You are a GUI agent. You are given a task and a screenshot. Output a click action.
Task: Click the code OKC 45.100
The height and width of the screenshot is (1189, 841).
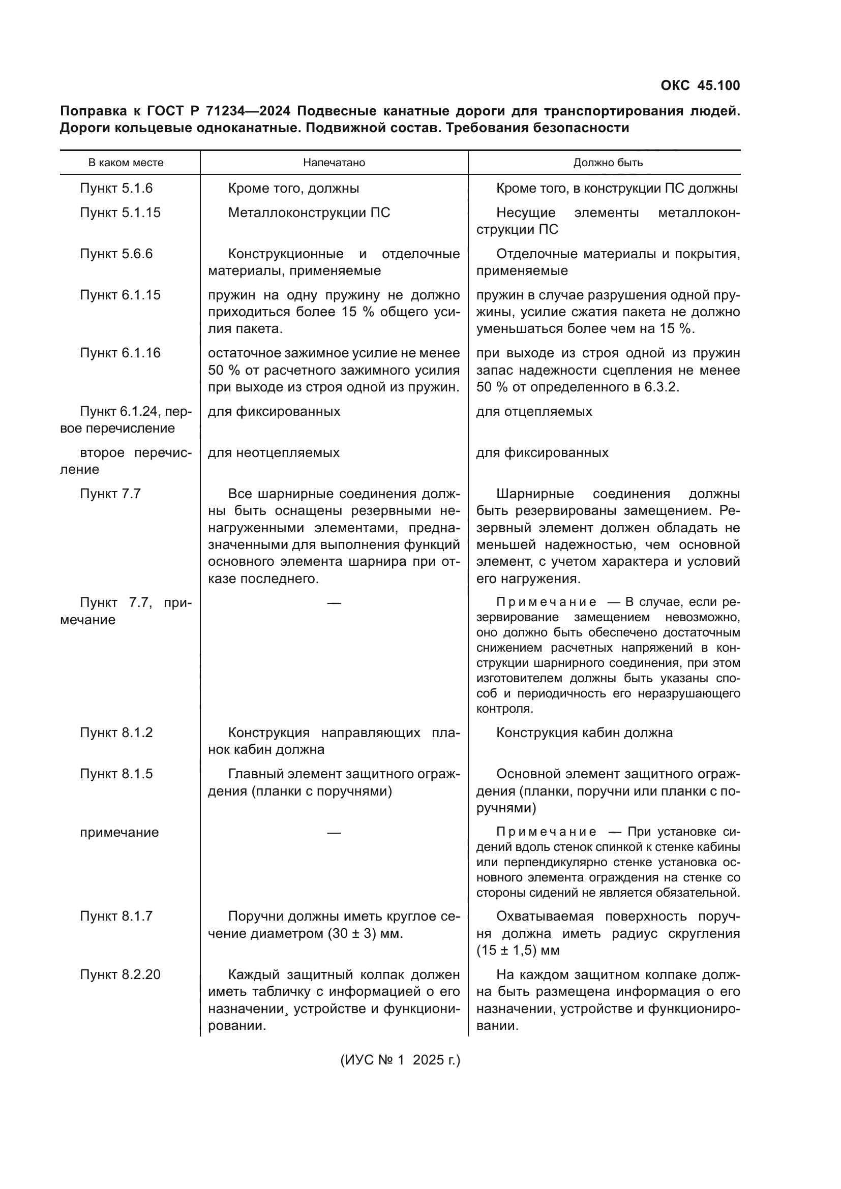pos(700,85)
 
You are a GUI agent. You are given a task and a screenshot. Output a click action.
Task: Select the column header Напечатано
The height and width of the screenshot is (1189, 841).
pos(334,163)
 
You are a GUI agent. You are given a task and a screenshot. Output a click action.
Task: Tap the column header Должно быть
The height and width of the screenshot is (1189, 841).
pos(608,163)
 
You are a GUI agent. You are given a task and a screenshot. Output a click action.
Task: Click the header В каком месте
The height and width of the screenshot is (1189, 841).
pos(126,163)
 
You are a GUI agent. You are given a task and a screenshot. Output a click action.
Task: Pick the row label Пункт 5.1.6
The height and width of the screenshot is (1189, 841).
pos(116,189)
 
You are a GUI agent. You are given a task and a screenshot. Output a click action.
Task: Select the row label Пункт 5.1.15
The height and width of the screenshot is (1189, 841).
pos(120,213)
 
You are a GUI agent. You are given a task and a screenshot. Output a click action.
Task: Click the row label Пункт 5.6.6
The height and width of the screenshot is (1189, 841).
pos(116,254)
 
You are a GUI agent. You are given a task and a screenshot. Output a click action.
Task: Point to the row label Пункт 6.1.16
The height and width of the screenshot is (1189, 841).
pos(120,353)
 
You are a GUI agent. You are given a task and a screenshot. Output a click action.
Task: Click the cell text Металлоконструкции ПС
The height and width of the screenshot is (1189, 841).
pos(309,213)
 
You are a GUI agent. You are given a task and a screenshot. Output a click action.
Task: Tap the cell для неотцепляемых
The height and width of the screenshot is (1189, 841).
pos(274,452)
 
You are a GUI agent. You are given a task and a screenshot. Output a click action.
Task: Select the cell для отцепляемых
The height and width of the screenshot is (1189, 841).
pos(534,412)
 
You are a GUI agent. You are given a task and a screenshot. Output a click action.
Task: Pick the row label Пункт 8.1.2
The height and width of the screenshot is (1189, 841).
pos(116,733)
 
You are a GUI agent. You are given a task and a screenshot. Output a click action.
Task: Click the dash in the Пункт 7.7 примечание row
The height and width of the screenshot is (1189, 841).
pos(334,603)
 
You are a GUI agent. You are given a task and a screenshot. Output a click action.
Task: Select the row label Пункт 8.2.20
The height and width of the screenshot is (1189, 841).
pos(120,974)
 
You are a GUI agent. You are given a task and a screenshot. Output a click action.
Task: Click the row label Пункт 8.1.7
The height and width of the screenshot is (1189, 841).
pos(116,916)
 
